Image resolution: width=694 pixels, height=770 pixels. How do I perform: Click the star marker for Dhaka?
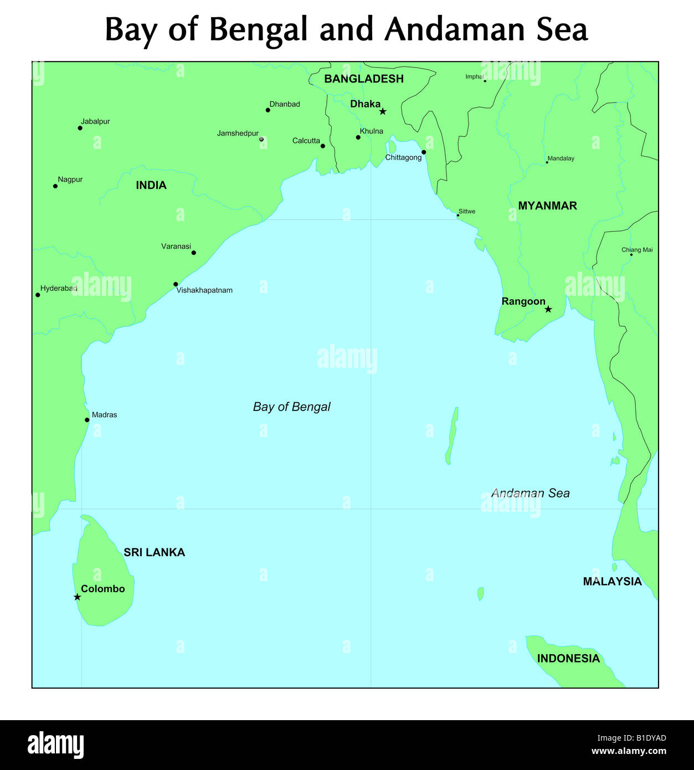383,111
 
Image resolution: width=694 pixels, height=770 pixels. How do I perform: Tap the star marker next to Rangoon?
548,309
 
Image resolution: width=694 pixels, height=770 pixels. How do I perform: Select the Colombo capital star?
77,597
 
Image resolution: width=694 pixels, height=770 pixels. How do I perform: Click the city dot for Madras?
87,420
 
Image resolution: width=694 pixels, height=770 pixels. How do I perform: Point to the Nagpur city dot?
55,186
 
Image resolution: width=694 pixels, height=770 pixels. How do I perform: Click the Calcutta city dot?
323,146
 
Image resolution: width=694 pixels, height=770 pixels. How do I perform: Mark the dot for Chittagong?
424,152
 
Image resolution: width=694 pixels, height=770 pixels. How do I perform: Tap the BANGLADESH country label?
364,79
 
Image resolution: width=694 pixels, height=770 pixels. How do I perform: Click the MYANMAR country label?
547,206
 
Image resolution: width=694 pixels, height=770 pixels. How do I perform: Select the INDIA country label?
151,186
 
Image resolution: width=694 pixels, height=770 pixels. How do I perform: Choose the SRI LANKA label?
154,552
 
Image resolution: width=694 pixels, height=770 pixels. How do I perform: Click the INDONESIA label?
568,659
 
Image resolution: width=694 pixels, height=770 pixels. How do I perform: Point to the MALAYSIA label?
612,582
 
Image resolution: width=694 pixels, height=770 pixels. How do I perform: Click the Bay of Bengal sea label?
291,407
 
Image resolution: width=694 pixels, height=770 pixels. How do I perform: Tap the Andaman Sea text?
530,494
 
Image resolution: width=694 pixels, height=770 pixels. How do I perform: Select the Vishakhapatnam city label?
204,290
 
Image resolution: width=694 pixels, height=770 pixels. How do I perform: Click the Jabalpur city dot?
80,128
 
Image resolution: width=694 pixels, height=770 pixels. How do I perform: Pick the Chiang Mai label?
637,250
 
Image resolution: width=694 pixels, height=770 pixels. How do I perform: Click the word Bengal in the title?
258,30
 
